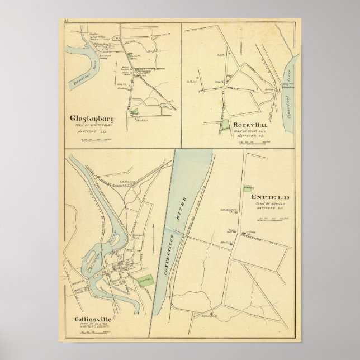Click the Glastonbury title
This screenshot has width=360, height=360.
point(92,119)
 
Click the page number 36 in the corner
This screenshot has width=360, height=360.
point(66,21)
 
